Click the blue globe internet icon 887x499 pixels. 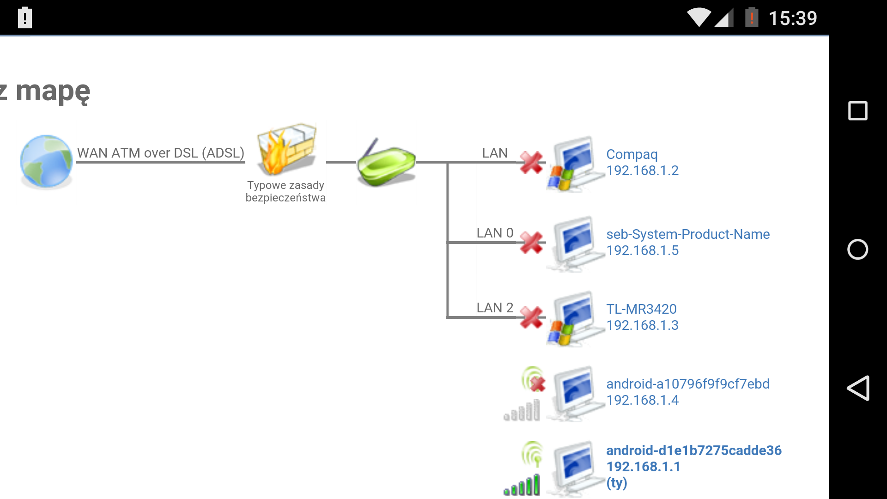point(46,161)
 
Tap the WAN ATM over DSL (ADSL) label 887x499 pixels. point(160,153)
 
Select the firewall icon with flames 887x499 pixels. point(287,149)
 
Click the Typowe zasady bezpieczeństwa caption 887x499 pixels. point(286,191)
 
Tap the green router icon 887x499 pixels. point(386,163)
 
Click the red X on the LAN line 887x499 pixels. point(531,163)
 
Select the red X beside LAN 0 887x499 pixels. point(531,243)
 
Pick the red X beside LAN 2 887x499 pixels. point(531,317)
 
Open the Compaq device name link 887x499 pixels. point(632,154)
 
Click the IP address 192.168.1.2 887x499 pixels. point(642,170)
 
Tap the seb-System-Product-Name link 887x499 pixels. point(687,234)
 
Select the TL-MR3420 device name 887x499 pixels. point(641,309)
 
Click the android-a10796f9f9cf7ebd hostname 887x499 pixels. point(687,384)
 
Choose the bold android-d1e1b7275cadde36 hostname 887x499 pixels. point(693,450)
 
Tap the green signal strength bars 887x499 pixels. point(522,486)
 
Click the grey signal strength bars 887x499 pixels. point(522,411)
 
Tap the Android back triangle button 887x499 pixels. point(858,388)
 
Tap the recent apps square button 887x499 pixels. point(858,111)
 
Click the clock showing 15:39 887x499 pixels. point(792,18)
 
